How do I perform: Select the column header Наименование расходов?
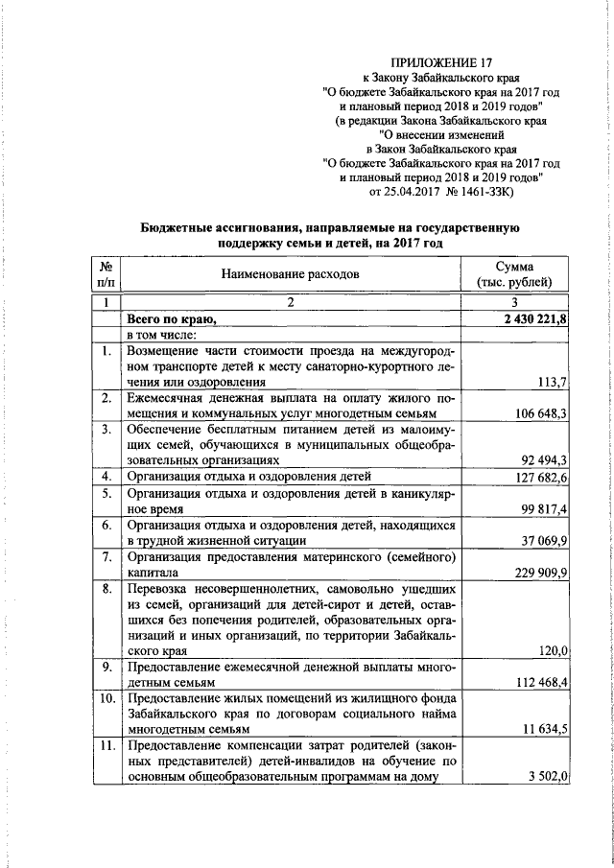coord(290,273)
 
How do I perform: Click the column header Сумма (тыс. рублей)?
coord(514,273)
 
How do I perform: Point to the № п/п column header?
coord(107,273)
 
